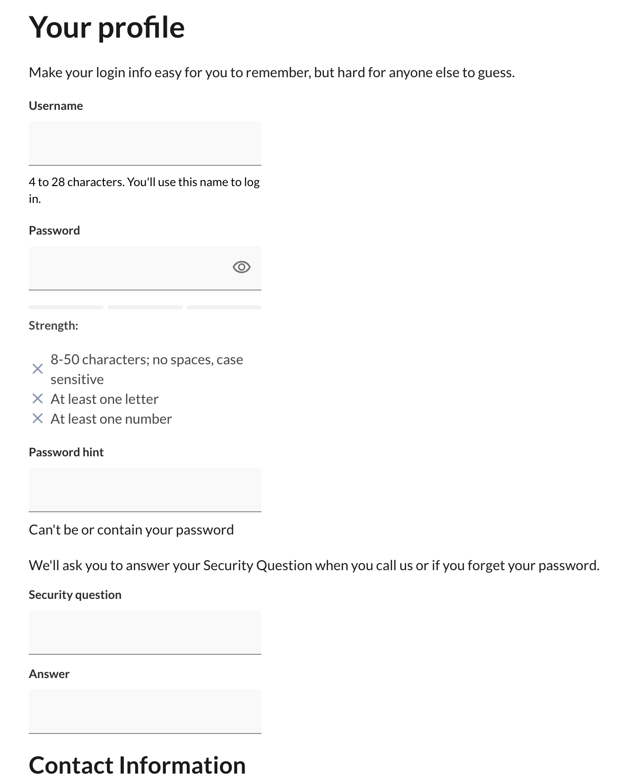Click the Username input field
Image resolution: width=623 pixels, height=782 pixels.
click(x=145, y=143)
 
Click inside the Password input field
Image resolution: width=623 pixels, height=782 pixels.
click(x=129, y=268)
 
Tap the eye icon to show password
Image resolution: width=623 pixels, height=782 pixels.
click(x=241, y=267)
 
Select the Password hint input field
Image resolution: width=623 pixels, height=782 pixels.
click(x=145, y=489)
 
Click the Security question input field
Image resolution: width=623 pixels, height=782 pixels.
click(x=145, y=632)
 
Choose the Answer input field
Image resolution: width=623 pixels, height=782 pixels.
click(x=145, y=711)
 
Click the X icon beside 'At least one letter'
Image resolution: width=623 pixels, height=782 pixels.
click(x=38, y=399)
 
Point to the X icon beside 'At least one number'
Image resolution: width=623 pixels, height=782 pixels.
click(x=38, y=419)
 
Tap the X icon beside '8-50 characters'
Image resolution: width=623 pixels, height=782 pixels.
click(x=38, y=369)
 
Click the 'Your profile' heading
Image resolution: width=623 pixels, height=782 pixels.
click(x=106, y=27)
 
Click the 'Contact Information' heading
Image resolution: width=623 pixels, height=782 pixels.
click(x=137, y=765)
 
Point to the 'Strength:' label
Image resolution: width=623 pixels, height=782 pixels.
click(x=53, y=326)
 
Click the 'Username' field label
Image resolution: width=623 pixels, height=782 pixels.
click(x=56, y=106)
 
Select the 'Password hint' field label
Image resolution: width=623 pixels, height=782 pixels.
click(x=66, y=452)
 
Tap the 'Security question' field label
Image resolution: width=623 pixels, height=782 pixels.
click(x=75, y=595)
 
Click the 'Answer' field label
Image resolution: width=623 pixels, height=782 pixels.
click(x=49, y=674)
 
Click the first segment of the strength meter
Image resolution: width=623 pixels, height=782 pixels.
click(x=66, y=307)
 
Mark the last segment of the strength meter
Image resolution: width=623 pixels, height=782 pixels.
click(x=224, y=307)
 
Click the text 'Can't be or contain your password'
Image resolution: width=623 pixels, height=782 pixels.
click(x=131, y=530)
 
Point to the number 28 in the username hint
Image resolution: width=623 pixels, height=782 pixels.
click(x=58, y=182)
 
